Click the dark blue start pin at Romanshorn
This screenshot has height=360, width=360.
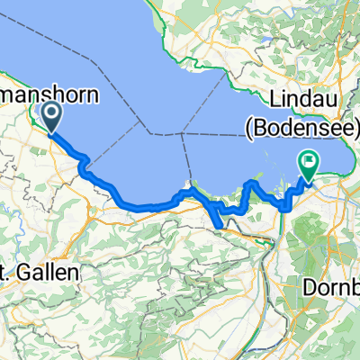point(50,116)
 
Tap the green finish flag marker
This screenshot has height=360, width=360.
point(309,165)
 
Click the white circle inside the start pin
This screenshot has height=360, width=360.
point(50,112)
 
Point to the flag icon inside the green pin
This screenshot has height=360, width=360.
point(309,162)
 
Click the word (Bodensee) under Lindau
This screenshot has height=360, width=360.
point(301,131)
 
